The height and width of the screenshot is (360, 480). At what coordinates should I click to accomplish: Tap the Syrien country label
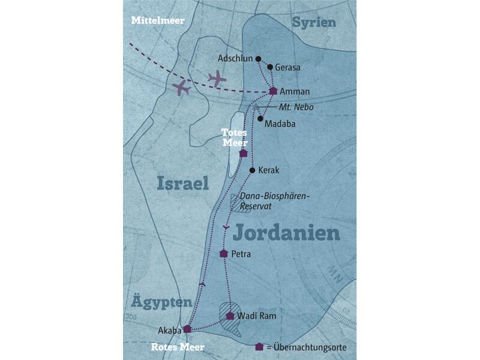[x=314, y=22]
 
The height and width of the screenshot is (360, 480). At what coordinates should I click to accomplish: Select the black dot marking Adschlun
[x=258, y=59]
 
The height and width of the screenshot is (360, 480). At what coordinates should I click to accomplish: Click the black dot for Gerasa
[x=270, y=67]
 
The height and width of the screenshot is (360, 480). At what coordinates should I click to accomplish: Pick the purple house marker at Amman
[x=273, y=91]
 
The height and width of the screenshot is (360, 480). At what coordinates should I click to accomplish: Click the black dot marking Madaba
[x=260, y=119]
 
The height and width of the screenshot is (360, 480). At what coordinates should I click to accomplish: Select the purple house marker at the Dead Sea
[x=243, y=153]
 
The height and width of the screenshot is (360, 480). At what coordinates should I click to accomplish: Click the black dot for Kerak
[x=252, y=170]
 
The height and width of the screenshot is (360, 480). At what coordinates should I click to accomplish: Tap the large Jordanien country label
[x=286, y=232]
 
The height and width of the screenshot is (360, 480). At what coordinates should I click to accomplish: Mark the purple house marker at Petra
[x=224, y=254]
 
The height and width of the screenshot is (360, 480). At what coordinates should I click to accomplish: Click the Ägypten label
[x=163, y=302]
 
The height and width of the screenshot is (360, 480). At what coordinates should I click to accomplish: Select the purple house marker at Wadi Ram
[x=230, y=315]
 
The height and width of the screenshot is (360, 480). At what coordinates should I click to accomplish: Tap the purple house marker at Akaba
[x=187, y=329]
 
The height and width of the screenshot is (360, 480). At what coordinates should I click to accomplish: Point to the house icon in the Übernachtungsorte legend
[x=259, y=347]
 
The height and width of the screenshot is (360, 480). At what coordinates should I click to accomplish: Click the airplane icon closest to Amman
[x=216, y=78]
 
